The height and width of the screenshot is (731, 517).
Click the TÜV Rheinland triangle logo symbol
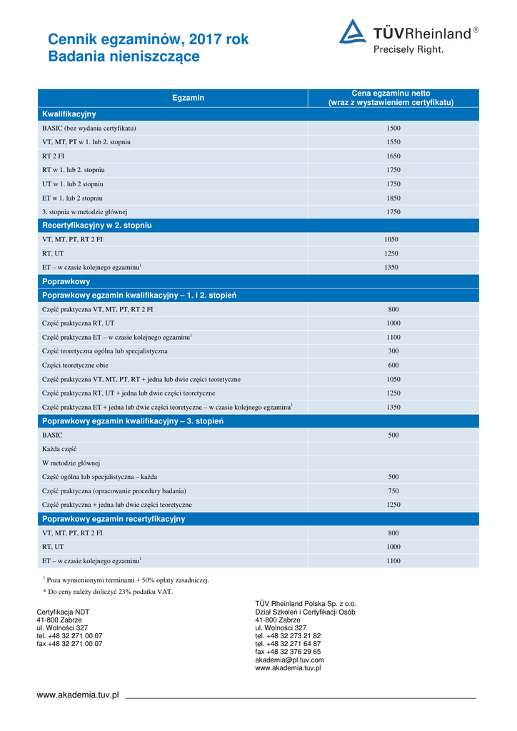pos(353,32)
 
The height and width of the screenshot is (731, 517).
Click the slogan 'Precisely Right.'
pos(408,50)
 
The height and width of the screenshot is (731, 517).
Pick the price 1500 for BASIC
pos(393,128)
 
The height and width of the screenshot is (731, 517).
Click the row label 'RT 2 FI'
pos(54,156)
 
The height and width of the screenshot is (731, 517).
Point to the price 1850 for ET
pos(393,198)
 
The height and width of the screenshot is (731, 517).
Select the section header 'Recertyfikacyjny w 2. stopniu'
pos(97,226)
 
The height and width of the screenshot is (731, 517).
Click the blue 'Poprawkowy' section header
pos(66,281)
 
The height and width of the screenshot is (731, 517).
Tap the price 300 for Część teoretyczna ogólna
pos(393,351)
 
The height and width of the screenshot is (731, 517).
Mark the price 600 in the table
pos(393,365)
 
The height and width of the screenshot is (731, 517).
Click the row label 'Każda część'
pos(59,449)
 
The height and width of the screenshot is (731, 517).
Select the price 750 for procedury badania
pos(393,491)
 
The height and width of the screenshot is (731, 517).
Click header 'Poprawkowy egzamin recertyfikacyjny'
pos(114,519)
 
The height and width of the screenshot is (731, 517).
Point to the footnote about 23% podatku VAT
pos(108,592)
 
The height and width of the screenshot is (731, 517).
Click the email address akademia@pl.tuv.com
pos(289,660)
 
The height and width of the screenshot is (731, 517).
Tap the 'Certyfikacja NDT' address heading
pos(63,612)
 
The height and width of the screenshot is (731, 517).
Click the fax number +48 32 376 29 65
pos(288,652)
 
